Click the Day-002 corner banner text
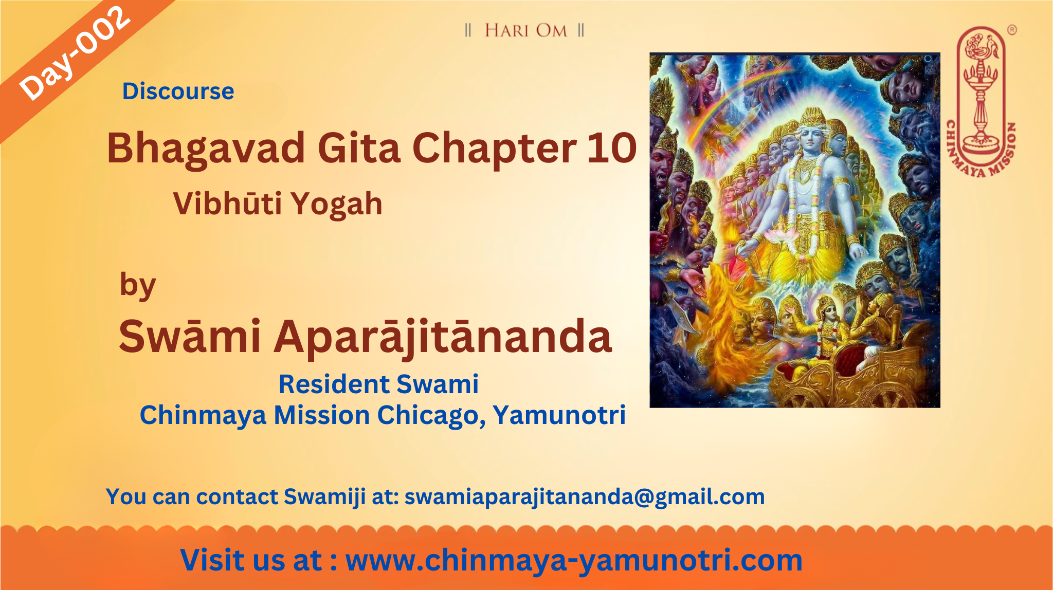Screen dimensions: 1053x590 (x=74, y=53)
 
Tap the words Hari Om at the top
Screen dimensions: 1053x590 (x=525, y=30)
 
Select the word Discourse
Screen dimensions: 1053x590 (x=178, y=91)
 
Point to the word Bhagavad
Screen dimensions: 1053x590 (x=206, y=148)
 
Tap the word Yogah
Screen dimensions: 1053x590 (x=337, y=205)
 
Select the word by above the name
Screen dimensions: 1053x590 (x=137, y=286)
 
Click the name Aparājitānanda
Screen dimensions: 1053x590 (x=443, y=337)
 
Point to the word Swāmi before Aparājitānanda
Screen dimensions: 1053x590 (x=190, y=337)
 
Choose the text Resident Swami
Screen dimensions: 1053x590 (x=378, y=384)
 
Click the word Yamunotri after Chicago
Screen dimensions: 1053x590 (x=559, y=415)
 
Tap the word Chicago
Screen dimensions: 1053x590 (x=432, y=416)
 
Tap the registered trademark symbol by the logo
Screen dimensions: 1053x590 (x=1012, y=30)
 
